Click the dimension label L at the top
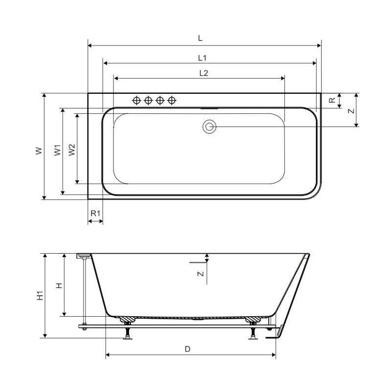pyautogui.click(x=200, y=39)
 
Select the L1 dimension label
pyautogui.click(x=202, y=58)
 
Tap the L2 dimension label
pyautogui.click(x=204, y=73)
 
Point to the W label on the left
pyautogui.click(x=39, y=151)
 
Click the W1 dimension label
pyautogui.click(x=58, y=150)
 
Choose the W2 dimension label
pyautogui.click(x=72, y=150)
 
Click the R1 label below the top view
pyautogui.click(x=95, y=214)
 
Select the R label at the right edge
pyautogui.click(x=332, y=100)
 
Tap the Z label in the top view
pyautogui.click(x=351, y=110)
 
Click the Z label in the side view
pyautogui.click(x=200, y=274)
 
